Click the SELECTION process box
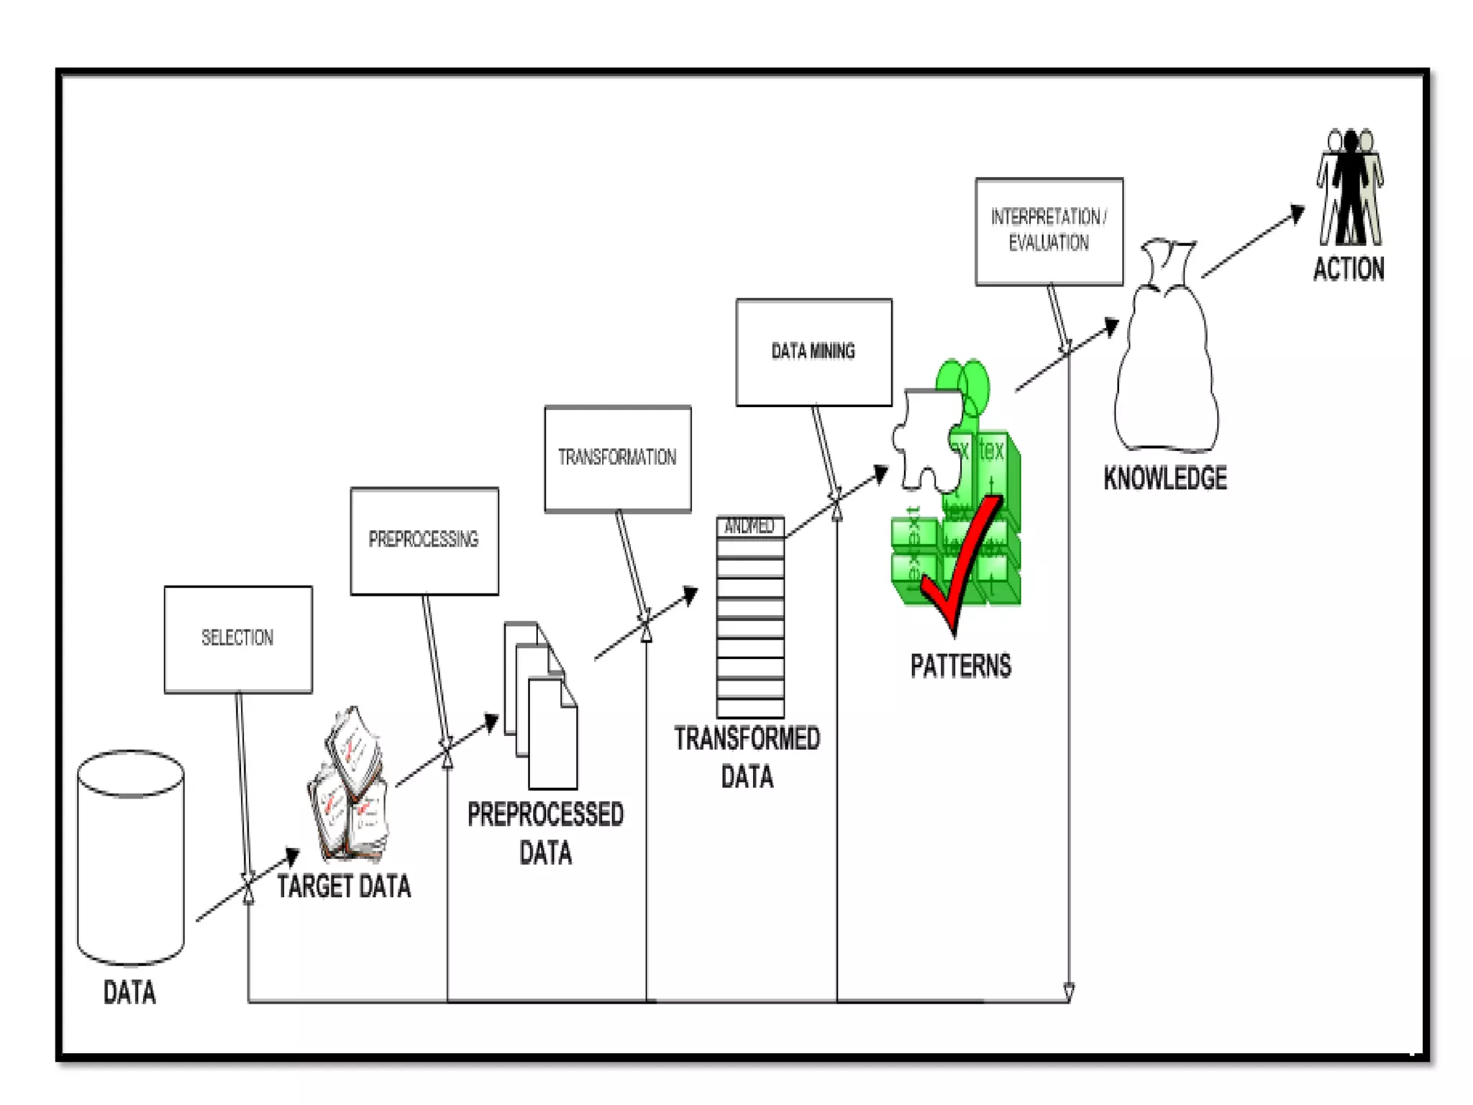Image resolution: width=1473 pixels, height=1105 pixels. click(x=238, y=640)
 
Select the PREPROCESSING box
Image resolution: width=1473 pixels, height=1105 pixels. click(x=424, y=541)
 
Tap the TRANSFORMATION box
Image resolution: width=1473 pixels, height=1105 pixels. click(x=618, y=458)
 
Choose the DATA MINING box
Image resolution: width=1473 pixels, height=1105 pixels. click(x=813, y=353)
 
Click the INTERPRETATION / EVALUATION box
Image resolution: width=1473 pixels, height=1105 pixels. click(x=1049, y=232)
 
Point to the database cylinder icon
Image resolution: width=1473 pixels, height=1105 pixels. click(x=130, y=857)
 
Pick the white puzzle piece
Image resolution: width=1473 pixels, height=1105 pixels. click(x=928, y=439)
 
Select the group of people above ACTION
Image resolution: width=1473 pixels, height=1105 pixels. click(x=1350, y=188)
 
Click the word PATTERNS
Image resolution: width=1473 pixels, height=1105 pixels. click(x=960, y=666)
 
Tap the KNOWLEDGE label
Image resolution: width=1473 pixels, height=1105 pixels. click(x=1165, y=478)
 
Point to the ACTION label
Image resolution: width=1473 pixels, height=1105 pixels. click(x=1349, y=270)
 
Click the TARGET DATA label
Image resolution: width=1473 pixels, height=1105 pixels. click(x=344, y=886)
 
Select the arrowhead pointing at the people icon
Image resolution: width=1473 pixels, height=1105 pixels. click(x=1297, y=213)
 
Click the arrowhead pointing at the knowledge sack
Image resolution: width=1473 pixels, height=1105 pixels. click(x=1111, y=327)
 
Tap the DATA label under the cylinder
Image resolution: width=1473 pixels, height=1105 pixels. click(x=129, y=993)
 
